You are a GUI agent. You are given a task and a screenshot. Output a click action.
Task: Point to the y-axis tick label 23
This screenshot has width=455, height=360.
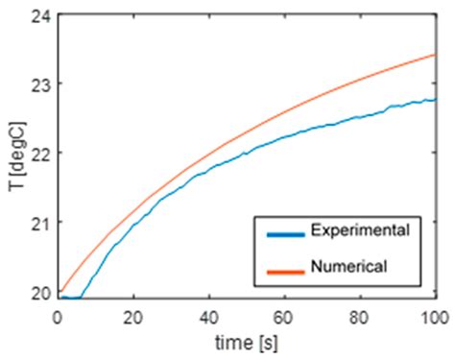pyautogui.click(x=38, y=84)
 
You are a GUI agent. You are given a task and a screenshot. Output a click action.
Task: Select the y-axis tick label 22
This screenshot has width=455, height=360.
pyautogui.click(x=38, y=154)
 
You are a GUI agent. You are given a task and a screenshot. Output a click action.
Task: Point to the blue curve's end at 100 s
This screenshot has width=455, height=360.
pyautogui.click(x=435, y=99)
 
